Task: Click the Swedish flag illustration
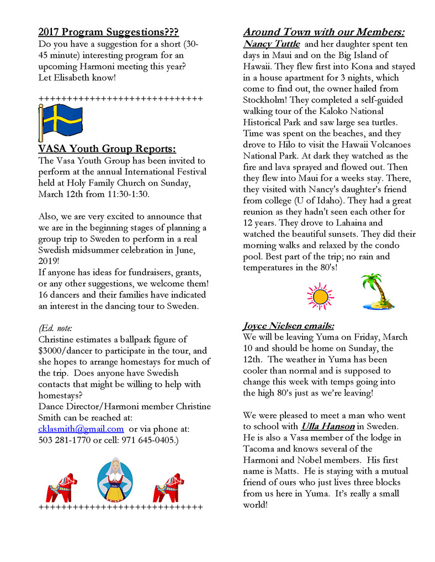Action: pos(60,121)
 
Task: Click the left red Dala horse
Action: pos(61,486)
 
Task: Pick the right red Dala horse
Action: pos(168,486)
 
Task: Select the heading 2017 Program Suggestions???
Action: pos(108,32)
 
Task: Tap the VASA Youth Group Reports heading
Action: pos(107,149)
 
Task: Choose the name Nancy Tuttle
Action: pos(272,44)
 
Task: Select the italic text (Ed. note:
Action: pos(55,328)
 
